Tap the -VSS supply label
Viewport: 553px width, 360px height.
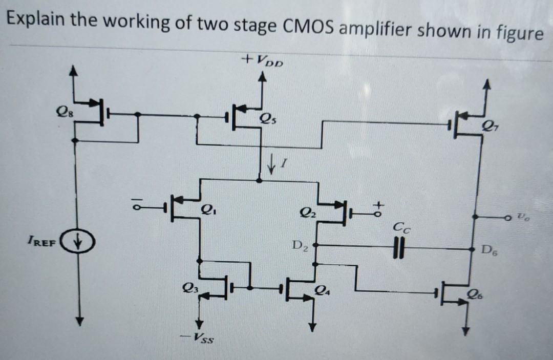coord(201,338)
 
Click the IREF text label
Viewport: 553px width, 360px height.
coord(43,240)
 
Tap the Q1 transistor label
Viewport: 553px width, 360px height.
coord(207,209)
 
